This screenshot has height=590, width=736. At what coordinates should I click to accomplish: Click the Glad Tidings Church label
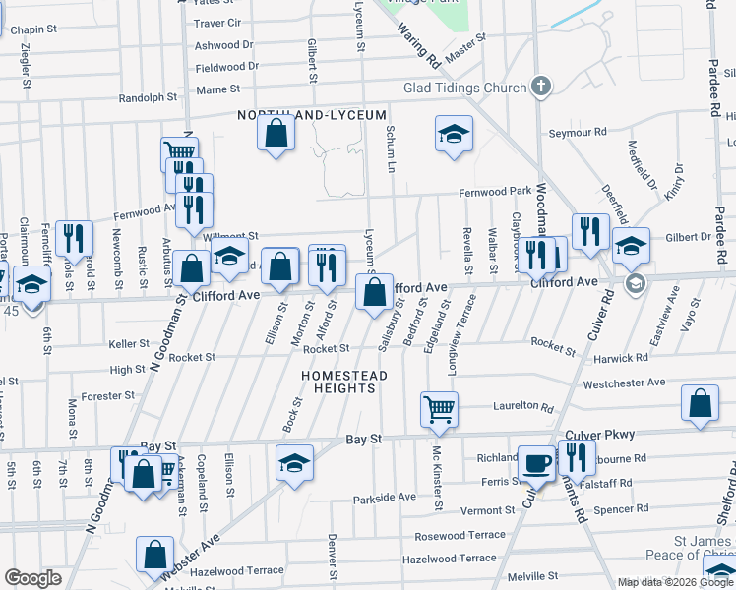click(465, 88)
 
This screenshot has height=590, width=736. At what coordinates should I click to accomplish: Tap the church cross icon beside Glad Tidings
click(540, 88)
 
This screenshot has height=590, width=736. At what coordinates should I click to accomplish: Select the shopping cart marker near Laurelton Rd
click(439, 408)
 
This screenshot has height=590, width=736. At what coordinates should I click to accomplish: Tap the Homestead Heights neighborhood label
click(344, 382)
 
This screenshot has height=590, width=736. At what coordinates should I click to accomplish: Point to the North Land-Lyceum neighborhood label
click(312, 115)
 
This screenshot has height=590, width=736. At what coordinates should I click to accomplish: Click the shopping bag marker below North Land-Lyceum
click(276, 134)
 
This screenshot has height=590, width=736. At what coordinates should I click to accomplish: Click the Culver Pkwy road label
click(600, 434)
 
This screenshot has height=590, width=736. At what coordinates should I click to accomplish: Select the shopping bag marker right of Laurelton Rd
click(699, 404)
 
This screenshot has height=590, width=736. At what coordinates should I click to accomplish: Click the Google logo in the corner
click(32, 578)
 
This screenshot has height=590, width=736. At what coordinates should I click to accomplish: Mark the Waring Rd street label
click(419, 46)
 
